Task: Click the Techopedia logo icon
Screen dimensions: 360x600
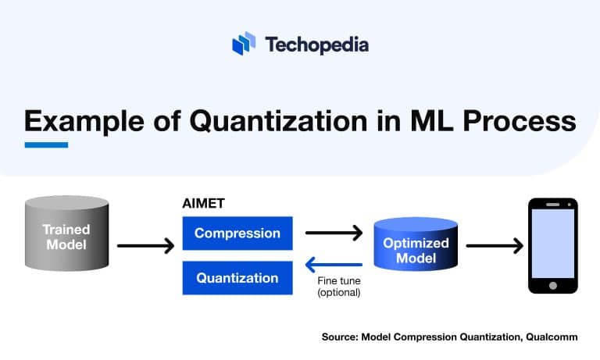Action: click(244, 44)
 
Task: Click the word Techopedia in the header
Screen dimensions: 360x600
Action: click(316, 45)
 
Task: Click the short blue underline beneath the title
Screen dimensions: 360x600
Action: click(46, 144)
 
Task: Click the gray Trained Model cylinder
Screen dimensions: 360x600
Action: click(66, 237)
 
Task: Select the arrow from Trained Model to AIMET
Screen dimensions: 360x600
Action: click(145, 246)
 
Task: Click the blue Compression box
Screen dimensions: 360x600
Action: click(237, 233)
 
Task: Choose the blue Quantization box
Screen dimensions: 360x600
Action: click(237, 278)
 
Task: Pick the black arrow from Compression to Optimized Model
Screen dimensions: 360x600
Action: click(334, 233)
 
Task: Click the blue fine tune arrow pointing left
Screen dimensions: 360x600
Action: click(334, 265)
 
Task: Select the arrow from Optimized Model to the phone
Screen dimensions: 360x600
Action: click(494, 246)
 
